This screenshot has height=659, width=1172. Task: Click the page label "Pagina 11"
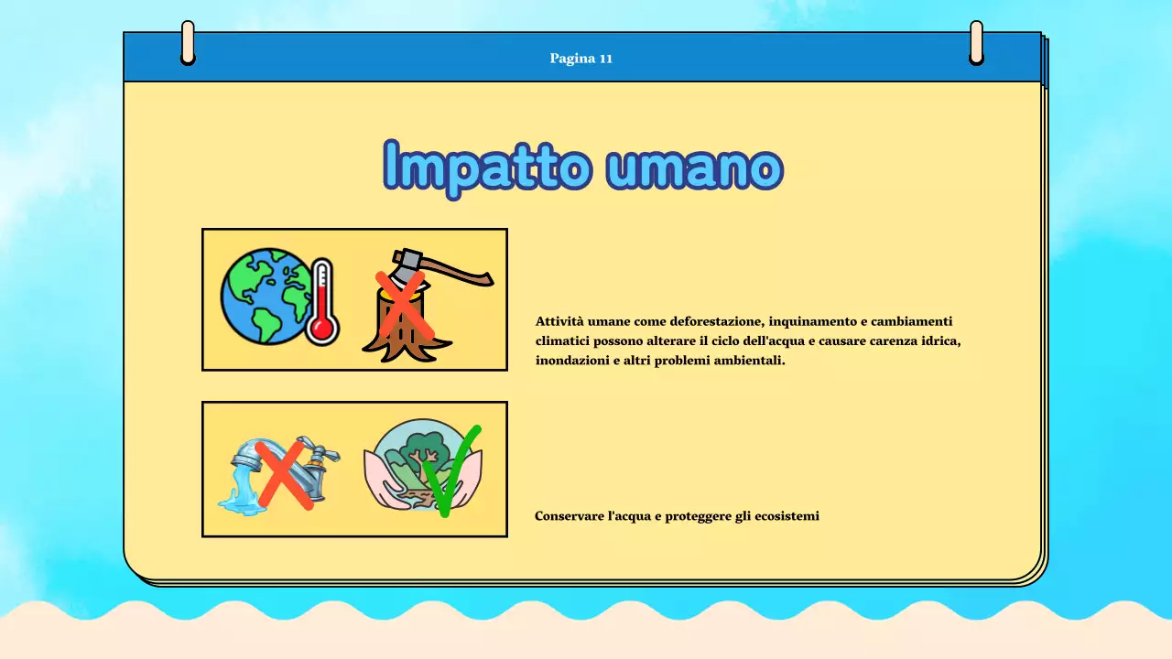(581, 59)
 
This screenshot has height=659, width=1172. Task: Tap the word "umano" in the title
(696, 167)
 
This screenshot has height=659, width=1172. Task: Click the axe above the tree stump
(439, 269)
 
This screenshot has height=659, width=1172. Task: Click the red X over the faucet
(284, 474)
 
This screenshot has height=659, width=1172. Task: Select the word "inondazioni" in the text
(569, 361)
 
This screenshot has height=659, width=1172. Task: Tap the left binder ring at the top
(188, 43)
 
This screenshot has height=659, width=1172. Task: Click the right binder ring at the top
(976, 43)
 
